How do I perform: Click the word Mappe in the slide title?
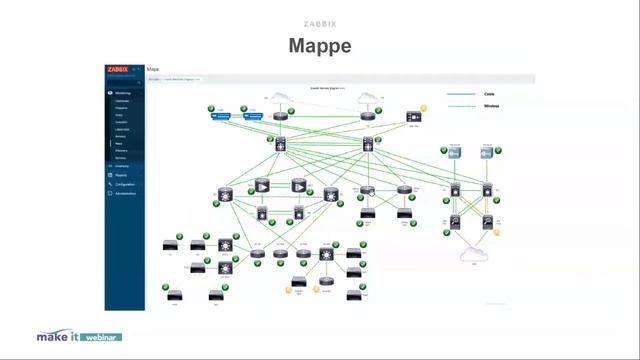[320, 46]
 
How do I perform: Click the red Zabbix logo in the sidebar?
[119, 70]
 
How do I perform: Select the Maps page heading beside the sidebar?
[153, 70]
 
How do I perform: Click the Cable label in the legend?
[490, 93]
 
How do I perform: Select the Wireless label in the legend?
[492, 105]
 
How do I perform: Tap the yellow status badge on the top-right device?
[424, 108]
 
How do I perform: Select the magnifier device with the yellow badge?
[488, 222]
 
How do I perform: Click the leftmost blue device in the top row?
[221, 115]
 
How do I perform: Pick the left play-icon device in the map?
[262, 185]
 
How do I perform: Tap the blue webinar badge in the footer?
[100, 338]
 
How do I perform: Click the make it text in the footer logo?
[57, 337]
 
